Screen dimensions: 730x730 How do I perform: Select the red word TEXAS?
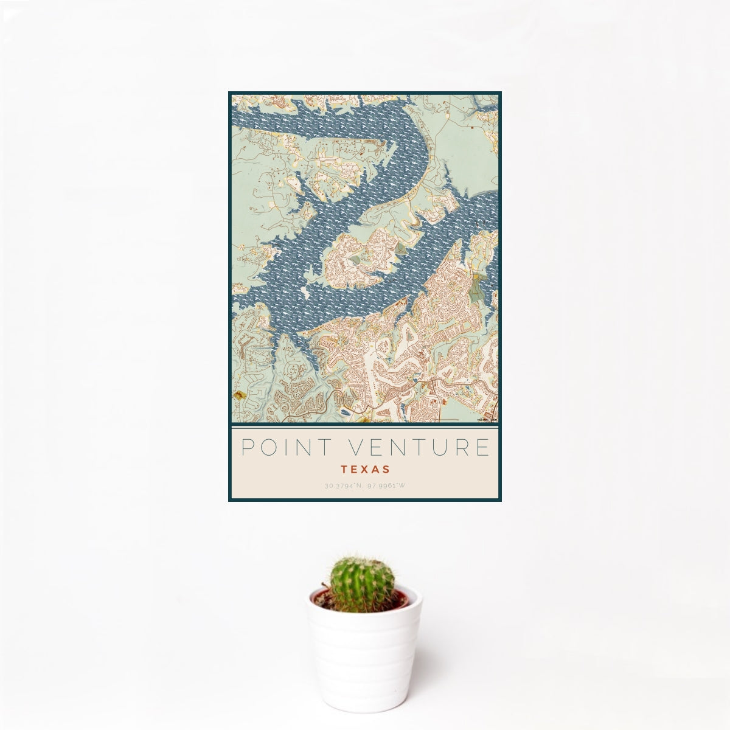point(365,470)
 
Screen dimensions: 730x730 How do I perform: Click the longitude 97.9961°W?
point(386,486)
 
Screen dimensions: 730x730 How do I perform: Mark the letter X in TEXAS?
point(365,470)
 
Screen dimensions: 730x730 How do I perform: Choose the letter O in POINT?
point(268,447)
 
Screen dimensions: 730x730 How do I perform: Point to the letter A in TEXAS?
point(375,470)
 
